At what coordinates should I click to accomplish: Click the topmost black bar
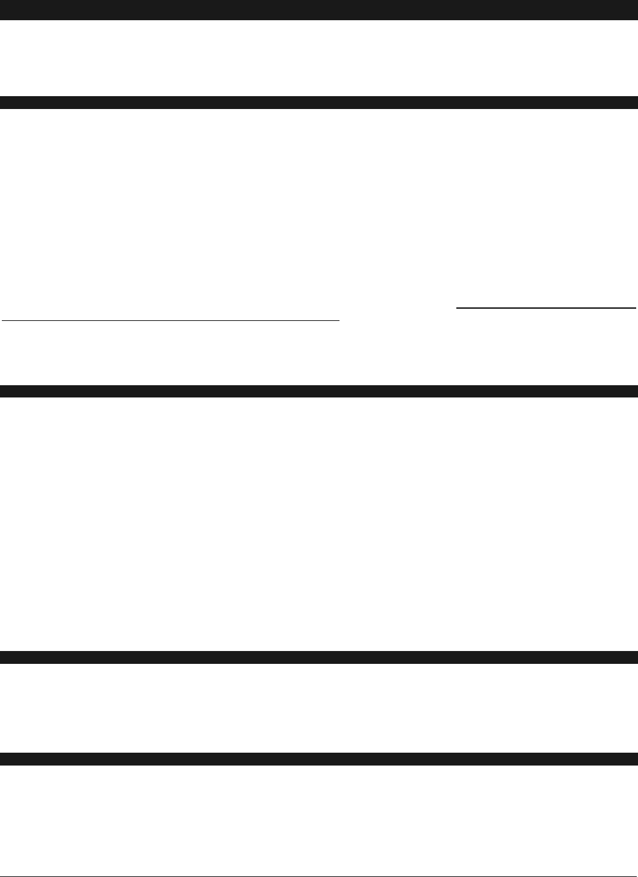(x=319, y=10)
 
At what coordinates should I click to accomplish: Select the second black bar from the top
(x=319, y=102)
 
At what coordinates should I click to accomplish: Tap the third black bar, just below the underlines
(x=319, y=391)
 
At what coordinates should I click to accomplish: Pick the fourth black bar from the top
(x=319, y=657)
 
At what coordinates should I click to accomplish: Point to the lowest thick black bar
(x=319, y=759)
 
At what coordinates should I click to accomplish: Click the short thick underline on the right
(x=546, y=307)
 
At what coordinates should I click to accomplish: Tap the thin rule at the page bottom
(x=319, y=876)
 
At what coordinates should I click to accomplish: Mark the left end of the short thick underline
(x=458, y=307)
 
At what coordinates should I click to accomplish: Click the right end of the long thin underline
(x=338, y=320)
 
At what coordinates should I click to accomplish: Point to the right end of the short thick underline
(x=636, y=307)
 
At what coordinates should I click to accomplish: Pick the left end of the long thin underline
(x=2, y=320)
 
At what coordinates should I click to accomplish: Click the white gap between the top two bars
(x=319, y=58)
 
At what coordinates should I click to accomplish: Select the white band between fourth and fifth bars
(x=319, y=708)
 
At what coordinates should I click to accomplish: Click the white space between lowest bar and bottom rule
(x=319, y=821)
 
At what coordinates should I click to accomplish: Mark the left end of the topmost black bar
(x=2, y=10)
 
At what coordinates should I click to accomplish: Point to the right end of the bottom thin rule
(x=636, y=876)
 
